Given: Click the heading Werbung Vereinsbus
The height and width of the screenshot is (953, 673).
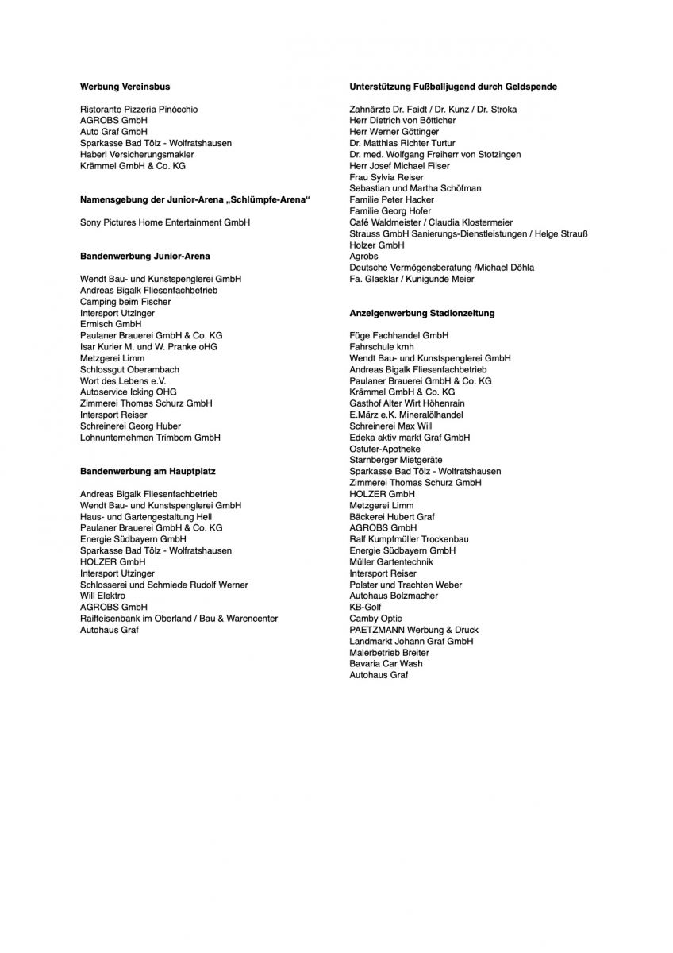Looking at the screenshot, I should (x=125, y=86).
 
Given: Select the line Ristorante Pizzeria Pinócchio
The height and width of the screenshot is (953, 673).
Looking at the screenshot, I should (x=139, y=109).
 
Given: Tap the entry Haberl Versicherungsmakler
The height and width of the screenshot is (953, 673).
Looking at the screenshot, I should (x=137, y=154).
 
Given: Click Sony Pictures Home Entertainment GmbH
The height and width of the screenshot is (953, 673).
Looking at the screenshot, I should (x=165, y=222).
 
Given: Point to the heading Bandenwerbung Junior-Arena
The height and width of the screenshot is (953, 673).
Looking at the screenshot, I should (x=145, y=257).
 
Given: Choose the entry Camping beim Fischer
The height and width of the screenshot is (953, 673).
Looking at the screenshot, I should (x=125, y=302).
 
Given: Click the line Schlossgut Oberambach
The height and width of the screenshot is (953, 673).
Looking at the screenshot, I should (x=129, y=369).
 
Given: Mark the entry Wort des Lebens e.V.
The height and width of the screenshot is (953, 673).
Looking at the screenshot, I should (x=123, y=380).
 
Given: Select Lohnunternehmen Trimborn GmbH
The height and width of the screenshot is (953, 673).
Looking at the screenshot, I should (x=150, y=438).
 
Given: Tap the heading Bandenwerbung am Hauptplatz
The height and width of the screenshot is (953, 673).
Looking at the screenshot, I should (x=148, y=471).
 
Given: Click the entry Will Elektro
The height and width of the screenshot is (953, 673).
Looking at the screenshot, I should (x=103, y=596).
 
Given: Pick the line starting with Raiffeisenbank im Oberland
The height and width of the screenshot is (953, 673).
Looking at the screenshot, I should (x=179, y=618).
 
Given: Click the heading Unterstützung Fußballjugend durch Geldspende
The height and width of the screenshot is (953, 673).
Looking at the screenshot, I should (x=452, y=86).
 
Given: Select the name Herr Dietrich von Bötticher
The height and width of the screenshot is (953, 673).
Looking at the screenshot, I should (x=402, y=120).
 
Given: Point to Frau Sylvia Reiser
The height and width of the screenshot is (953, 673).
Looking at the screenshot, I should (x=386, y=177).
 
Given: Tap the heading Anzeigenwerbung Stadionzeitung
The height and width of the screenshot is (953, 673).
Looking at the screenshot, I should (x=421, y=313).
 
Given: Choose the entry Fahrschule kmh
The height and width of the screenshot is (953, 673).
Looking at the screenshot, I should (x=382, y=347).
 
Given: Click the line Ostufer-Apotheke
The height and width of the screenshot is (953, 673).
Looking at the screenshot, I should (x=385, y=449).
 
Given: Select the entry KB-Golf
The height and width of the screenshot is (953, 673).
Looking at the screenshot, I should (x=365, y=607).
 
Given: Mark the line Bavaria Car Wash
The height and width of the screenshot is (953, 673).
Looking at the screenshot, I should (x=386, y=663).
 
